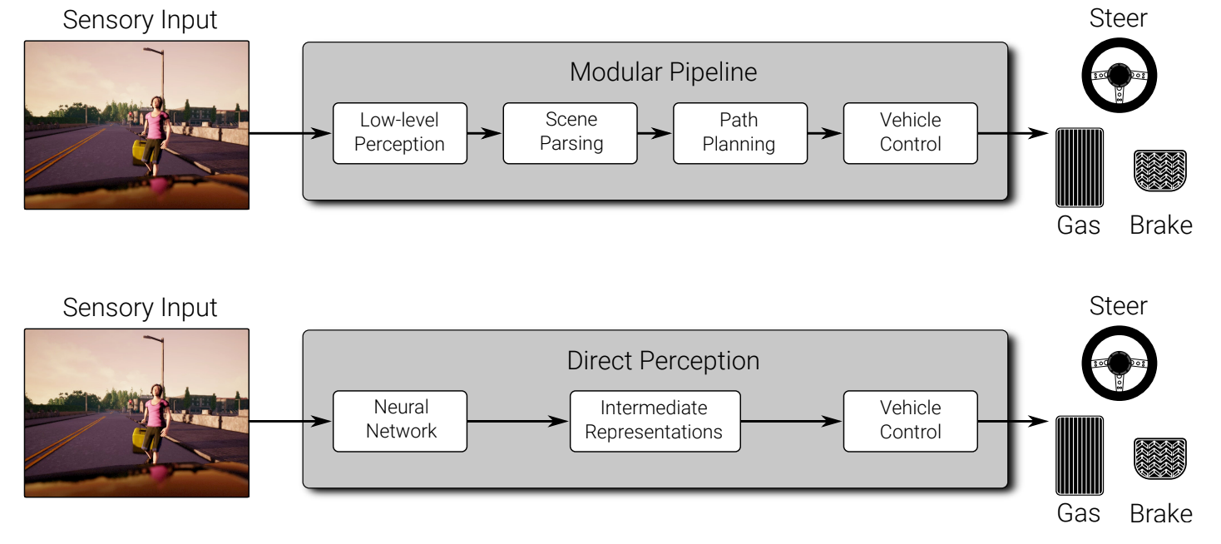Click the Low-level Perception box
coord(399,133)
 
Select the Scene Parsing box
coord(571,133)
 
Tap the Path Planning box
coord(740,133)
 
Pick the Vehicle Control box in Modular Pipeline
coord(910,133)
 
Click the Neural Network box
coord(399,421)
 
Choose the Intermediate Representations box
coord(655,421)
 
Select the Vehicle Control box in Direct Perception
coord(910,421)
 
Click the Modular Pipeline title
coord(664,72)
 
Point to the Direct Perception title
coord(664,361)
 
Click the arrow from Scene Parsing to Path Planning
coord(655,133)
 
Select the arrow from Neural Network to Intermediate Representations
coord(518,421)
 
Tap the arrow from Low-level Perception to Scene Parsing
coord(485,133)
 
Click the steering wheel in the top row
coord(1119,75)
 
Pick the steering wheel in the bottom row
coord(1119,363)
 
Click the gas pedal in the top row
coord(1080,167)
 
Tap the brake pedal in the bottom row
coord(1160,458)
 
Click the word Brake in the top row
coord(1161,225)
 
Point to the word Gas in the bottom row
coord(1078,513)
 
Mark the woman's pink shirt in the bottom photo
coord(155,414)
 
